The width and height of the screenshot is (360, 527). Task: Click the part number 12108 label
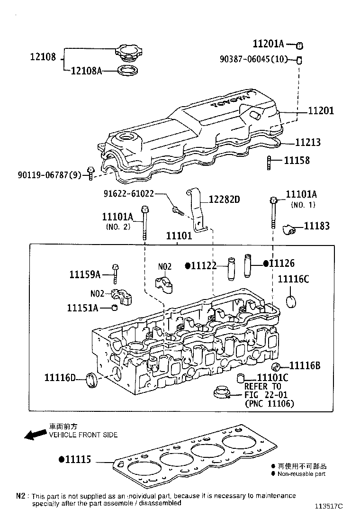[x=43, y=57]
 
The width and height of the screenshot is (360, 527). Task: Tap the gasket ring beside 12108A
[x=127, y=72]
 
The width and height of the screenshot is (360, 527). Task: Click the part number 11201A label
[x=268, y=44]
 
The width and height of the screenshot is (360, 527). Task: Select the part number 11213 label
[x=308, y=142]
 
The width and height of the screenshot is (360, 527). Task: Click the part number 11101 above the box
[x=179, y=236]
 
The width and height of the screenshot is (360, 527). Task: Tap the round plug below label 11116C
[x=292, y=300]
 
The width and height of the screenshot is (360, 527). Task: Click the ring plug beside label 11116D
[x=91, y=380]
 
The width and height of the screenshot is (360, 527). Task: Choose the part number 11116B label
[x=305, y=365]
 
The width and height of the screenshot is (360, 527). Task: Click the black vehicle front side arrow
[x=35, y=435]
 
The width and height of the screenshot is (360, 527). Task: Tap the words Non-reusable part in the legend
[x=301, y=473]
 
